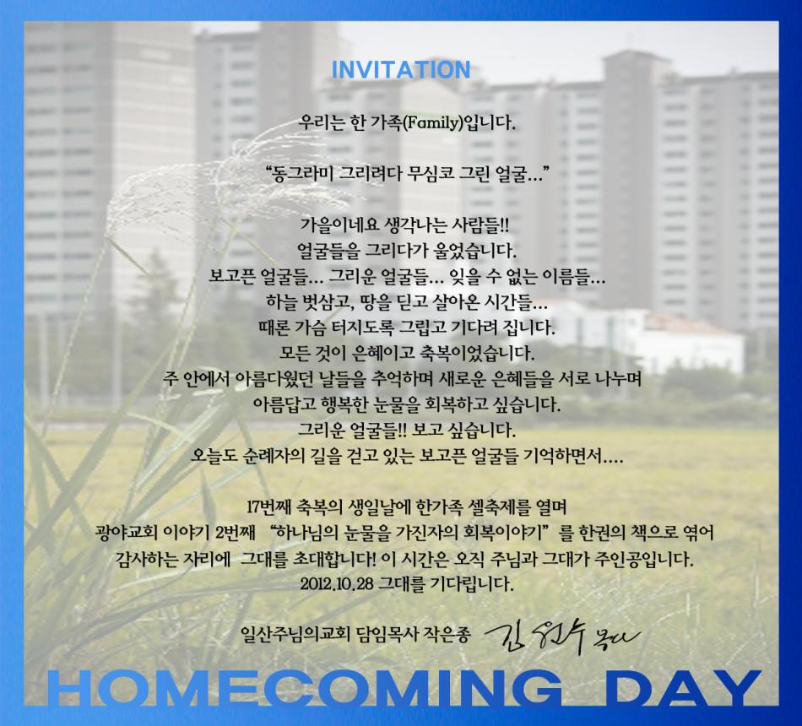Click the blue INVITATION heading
tap(401, 69)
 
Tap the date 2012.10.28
tap(337, 584)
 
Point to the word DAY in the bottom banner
tap(681, 689)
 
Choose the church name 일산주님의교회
tap(295, 635)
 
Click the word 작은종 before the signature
tap(447, 635)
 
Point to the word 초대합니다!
tap(334, 559)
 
